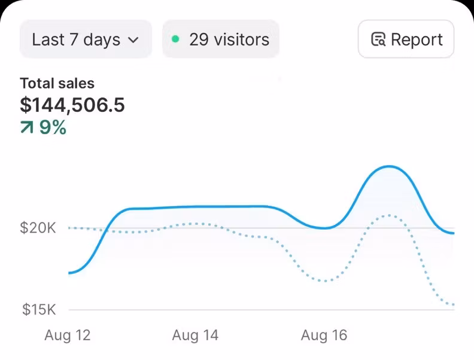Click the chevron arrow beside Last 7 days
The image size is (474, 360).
point(133,41)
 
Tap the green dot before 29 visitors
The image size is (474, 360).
point(175,39)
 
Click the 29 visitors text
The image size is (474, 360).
point(229,40)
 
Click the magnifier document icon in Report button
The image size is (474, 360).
point(378,40)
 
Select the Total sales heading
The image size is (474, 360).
point(57,84)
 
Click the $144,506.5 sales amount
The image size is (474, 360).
point(72,105)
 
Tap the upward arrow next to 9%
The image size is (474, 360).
point(27,127)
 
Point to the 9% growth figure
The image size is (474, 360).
point(53,127)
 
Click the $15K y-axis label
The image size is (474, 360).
point(39,310)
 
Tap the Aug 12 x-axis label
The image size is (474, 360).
point(68,335)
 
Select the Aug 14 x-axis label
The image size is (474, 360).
point(195,335)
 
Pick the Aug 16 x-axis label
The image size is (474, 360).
point(324,335)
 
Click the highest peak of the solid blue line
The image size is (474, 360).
point(390,166)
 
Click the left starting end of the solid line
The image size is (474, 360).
point(70,273)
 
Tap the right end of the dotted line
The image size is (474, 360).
point(454,305)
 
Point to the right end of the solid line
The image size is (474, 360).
point(454,233)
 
